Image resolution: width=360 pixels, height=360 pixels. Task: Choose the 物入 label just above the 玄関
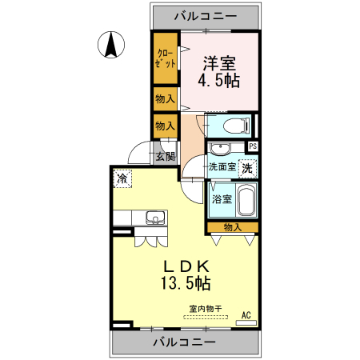pos(166,126)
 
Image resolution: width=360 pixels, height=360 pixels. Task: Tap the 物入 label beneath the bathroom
pos(233,228)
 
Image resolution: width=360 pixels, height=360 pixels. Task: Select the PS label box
pos(253,146)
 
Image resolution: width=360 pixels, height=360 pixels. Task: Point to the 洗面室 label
pos(222,167)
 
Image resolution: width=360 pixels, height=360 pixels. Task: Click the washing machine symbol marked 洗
pos(248,168)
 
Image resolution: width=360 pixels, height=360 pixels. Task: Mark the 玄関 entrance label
pos(166,157)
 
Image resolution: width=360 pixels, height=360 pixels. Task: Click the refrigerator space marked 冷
pos(122,178)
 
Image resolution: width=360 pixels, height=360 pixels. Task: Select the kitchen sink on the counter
pos(153,218)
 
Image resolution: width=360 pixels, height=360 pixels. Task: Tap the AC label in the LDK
pos(246,314)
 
